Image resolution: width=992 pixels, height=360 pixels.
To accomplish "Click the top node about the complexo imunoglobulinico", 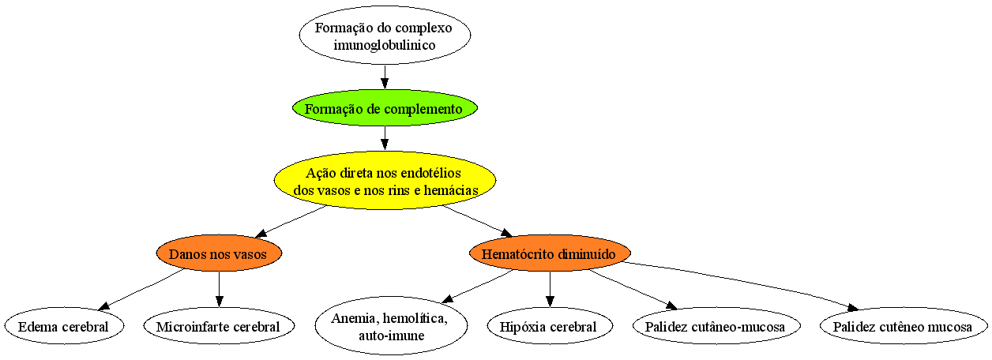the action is (385, 36).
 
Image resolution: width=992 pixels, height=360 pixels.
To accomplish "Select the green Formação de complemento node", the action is (385, 108).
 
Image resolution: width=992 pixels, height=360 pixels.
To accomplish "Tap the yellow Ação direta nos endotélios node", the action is (385, 181).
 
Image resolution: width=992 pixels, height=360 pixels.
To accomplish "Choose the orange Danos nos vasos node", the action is (219, 253).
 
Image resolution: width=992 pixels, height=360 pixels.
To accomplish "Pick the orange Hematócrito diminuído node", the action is (550, 253).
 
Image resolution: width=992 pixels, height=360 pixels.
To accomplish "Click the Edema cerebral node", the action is (64, 326).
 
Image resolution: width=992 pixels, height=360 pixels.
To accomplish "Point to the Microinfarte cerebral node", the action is (219, 326).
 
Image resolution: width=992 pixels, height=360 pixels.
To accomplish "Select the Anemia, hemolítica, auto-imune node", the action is (391, 326).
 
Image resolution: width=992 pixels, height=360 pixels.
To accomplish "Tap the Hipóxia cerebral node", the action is (550, 326).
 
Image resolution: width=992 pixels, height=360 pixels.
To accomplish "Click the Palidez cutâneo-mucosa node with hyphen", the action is (716, 326).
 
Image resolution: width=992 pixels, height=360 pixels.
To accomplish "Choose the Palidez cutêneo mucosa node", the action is (904, 326).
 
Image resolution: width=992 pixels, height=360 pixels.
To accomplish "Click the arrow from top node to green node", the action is (385, 77).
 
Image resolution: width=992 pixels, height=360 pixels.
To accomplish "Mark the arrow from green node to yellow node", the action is (385, 139).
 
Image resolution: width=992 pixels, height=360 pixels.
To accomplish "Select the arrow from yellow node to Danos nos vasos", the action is (291, 221).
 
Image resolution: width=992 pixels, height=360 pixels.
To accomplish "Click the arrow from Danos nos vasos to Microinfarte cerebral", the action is (219, 289).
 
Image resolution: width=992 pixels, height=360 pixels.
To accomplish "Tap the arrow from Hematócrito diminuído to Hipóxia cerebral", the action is (550, 289).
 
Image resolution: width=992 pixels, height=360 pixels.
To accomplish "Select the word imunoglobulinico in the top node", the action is (385, 45).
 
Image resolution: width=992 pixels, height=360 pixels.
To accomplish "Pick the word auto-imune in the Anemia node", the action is (391, 336).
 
